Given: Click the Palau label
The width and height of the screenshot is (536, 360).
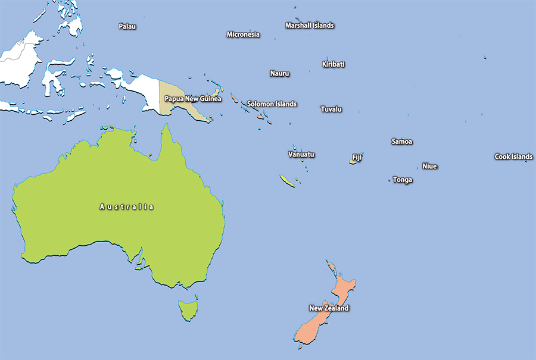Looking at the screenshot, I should (127, 26).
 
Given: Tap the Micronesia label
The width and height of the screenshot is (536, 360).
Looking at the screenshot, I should (243, 35).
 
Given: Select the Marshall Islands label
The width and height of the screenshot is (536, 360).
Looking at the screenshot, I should (309, 26).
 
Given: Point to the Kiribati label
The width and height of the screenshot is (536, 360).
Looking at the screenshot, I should (334, 64).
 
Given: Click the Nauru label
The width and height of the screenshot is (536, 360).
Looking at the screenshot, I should (279, 74).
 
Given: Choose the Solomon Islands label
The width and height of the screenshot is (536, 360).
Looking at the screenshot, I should (272, 104).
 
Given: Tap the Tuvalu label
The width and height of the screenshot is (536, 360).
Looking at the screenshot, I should (331, 109).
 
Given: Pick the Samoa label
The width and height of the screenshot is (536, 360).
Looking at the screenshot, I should (401, 142).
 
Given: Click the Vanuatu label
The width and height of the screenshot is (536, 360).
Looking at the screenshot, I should (301, 155).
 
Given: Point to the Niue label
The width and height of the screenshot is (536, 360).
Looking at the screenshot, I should (429, 166).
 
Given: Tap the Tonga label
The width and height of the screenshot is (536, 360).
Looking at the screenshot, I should (403, 180).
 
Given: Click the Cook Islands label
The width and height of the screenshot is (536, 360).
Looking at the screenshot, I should (513, 157).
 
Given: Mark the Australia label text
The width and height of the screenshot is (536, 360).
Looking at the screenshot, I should (126, 207).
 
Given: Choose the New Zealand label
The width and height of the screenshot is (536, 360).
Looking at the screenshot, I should (329, 308).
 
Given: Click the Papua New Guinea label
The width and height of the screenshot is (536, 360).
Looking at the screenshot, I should (193, 99).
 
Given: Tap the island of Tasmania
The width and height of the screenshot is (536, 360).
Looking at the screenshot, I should (188, 309).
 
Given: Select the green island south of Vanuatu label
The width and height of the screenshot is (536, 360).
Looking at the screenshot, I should (287, 181).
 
